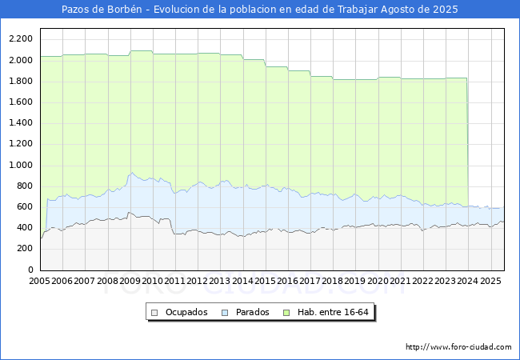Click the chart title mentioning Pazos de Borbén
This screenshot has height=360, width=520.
click(x=260, y=10)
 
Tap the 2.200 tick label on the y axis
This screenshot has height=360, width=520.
click(x=21, y=39)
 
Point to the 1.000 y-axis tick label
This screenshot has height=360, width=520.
click(x=21, y=166)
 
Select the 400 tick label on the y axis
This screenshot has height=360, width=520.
click(x=25, y=228)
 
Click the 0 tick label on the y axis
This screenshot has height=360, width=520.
click(x=30, y=270)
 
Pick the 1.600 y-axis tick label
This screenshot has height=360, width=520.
click(x=21, y=102)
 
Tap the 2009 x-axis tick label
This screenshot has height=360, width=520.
click(x=130, y=282)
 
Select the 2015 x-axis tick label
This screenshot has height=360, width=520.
click(x=265, y=282)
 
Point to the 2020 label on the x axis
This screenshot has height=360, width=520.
click(x=378, y=282)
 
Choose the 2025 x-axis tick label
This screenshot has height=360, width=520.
click(x=490, y=282)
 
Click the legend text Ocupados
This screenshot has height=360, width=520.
click(x=186, y=312)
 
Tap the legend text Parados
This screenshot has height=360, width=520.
click(x=252, y=312)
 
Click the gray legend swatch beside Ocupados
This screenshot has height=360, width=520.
click(x=154, y=312)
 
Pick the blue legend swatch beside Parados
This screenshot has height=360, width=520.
click(x=226, y=312)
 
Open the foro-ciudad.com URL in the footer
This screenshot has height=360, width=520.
click(x=458, y=347)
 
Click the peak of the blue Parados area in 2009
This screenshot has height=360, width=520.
click(x=133, y=173)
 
